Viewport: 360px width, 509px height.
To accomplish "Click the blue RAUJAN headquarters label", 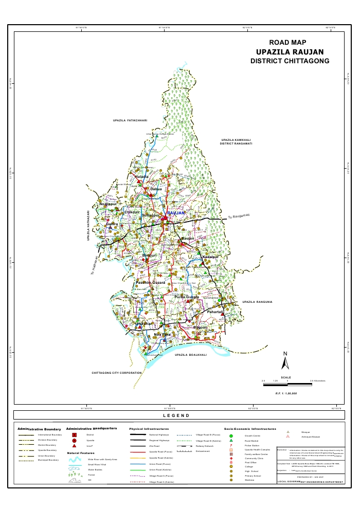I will (176, 212).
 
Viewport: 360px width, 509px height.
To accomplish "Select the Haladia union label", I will (141, 176).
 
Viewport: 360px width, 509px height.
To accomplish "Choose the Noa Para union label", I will (163, 335).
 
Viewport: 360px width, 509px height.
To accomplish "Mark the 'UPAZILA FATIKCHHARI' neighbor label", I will (130, 120).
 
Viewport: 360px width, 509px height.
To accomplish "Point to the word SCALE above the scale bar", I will (286, 377).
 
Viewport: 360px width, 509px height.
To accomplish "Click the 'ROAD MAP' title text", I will (287, 43).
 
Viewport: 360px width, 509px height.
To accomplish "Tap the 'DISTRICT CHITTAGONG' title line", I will (290, 61).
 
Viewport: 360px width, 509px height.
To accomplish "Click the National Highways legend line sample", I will (137, 435).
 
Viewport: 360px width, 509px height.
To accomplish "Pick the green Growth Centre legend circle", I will (231, 435).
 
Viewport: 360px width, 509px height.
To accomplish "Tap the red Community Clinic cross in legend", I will (231, 460).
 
